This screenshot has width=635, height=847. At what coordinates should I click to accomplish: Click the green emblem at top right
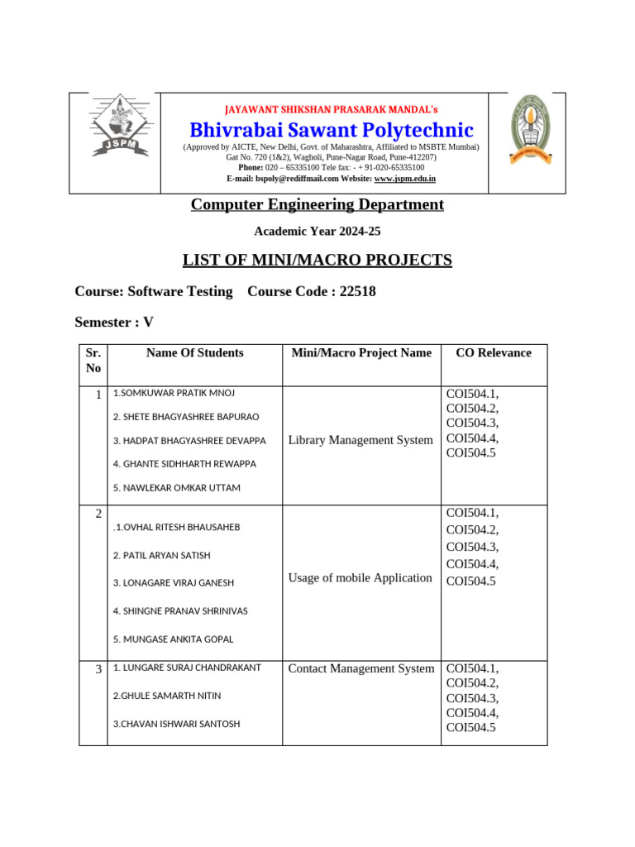click(x=526, y=128)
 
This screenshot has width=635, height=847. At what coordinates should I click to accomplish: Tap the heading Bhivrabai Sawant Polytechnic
click(x=332, y=130)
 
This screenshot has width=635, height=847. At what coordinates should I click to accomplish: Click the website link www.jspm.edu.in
click(x=404, y=179)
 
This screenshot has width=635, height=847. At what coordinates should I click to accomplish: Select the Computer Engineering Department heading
click(x=317, y=204)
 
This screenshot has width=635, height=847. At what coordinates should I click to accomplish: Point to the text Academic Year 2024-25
click(x=317, y=232)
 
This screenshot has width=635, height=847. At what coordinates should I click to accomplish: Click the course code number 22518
click(x=358, y=291)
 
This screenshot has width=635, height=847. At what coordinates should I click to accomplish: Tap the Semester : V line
click(x=114, y=322)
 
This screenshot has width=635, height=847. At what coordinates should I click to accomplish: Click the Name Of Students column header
click(x=195, y=352)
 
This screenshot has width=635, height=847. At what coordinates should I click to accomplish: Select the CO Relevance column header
click(x=494, y=352)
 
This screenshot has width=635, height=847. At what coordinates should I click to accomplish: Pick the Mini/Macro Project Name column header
click(x=361, y=352)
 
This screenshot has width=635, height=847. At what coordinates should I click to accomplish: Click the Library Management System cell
click(x=360, y=440)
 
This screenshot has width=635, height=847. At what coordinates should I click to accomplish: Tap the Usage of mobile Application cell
click(x=360, y=577)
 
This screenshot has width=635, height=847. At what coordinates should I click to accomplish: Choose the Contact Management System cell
click(x=360, y=668)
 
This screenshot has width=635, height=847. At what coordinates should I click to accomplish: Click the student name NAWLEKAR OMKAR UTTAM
click(x=177, y=488)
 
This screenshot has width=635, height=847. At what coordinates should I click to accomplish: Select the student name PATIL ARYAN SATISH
click(x=162, y=556)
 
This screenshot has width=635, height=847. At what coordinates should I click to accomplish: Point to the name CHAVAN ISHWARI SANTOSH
click(x=177, y=724)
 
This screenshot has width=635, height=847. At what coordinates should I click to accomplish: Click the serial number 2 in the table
click(x=98, y=514)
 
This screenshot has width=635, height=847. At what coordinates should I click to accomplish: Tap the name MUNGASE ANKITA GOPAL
click(x=174, y=639)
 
